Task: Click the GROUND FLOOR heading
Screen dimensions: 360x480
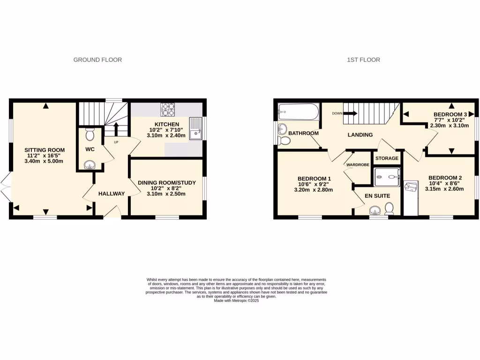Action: point(97,60)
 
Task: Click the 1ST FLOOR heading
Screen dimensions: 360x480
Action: point(363,60)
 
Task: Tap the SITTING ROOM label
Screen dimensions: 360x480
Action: point(44,150)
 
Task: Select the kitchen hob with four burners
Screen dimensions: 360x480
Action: point(168,110)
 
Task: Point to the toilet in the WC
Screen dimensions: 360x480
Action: point(90,134)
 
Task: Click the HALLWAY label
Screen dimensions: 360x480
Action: point(112,194)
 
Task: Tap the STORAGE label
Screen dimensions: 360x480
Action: point(387,158)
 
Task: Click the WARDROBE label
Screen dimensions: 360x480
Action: point(358,165)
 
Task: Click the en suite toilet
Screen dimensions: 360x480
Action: point(389,210)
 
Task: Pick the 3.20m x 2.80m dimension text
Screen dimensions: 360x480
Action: point(313,190)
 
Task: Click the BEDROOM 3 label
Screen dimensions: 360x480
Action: point(450,114)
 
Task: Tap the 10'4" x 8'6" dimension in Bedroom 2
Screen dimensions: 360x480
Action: point(445,183)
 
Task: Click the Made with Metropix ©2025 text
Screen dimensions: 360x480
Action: point(236,301)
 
